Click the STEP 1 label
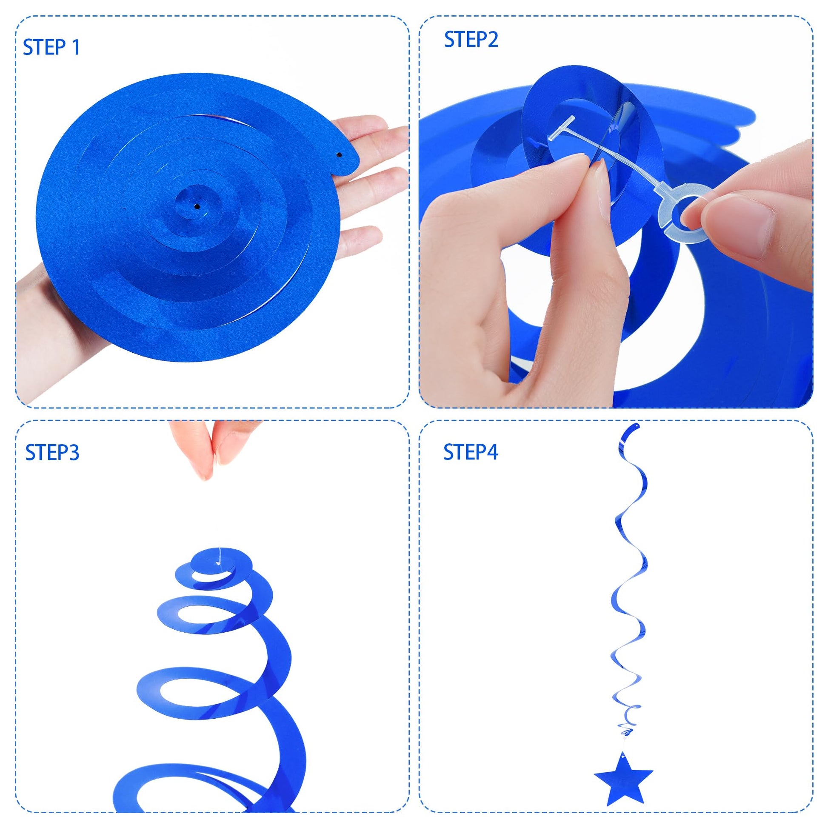click(51, 47)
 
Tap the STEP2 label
click(471, 40)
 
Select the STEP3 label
click(52, 453)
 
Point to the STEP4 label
click(471, 452)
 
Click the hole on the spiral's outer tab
click(339, 154)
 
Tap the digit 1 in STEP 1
click(76, 47)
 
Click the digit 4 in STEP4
click(491, 453)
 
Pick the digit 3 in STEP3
click(74, 453)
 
